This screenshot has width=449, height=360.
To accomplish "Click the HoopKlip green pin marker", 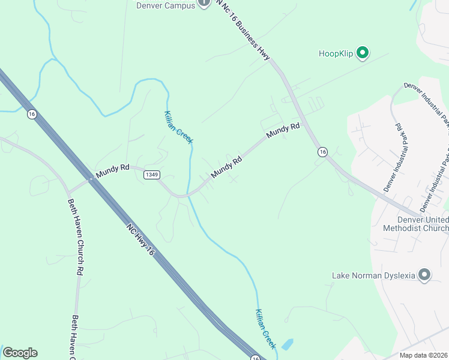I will point(363,53).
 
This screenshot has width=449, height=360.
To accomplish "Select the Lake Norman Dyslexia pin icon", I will point(424,275).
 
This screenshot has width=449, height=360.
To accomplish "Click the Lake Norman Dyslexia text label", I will point(373,276).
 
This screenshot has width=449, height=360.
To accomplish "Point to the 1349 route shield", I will point(152,175).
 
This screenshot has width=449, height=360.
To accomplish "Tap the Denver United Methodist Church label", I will point(415,224).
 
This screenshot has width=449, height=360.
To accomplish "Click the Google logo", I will point(20,353).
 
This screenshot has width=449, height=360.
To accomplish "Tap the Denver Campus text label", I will point(165,5).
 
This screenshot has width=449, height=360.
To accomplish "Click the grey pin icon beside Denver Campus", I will point(204,4).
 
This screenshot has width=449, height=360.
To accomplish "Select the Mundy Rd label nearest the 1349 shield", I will point(113,170).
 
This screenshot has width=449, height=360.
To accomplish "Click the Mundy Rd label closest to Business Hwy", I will point(283,130).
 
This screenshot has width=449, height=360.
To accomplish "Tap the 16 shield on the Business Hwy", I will point(322,152).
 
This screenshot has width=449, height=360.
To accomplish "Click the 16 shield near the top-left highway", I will point(32,113).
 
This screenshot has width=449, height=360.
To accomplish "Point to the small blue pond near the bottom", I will point(288,344).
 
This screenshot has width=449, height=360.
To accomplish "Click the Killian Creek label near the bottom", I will point(265,328).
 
